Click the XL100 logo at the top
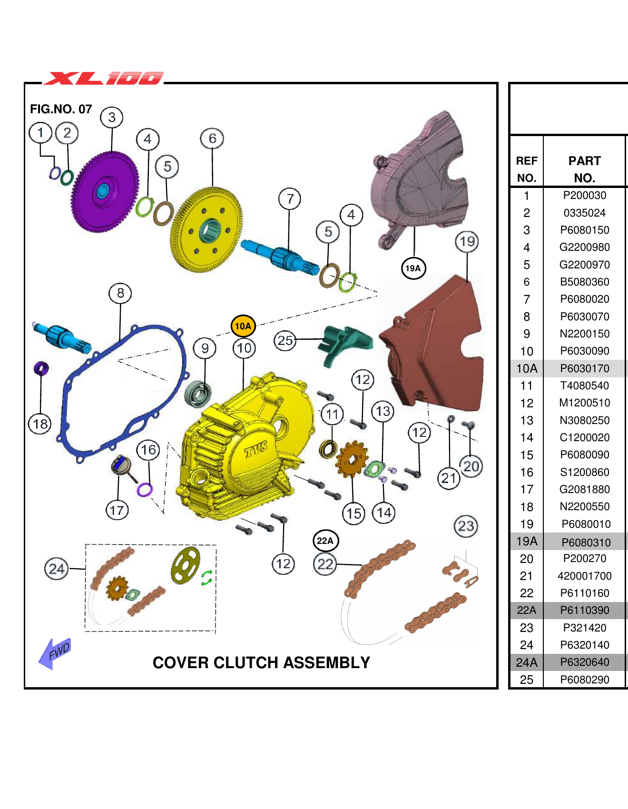click(104, 78)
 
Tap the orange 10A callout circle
click(243, 326)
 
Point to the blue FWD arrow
click(55, 653)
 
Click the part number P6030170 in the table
click(584, 368)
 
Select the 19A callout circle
click(413, 268)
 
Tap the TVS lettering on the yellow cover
click(256, 449)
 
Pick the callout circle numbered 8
click(120, 293)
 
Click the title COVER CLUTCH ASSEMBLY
click(261, 662)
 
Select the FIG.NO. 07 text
click(61, 109)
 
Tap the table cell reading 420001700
click(584, 576)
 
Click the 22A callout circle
click(325, 541)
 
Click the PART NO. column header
click(584, 169)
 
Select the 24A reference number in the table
click(526, 662)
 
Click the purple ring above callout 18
click(41, 368)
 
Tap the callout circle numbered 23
click(466, 526)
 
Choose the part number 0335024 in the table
click(584, 213)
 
